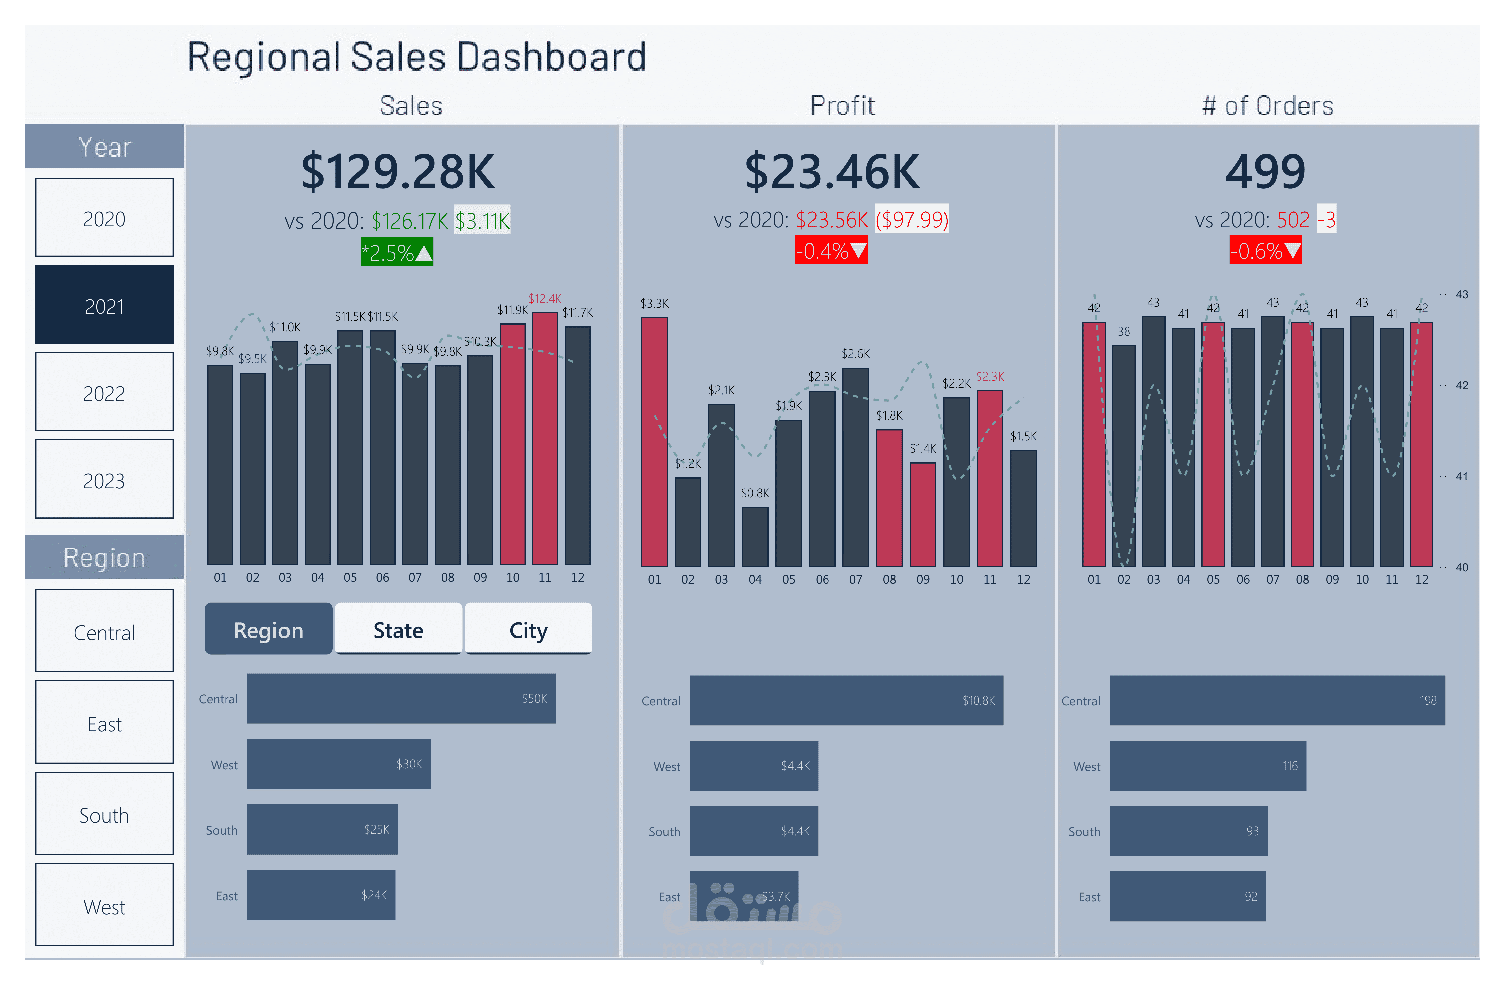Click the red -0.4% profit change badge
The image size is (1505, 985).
pyautogui.click(x=831, y=250)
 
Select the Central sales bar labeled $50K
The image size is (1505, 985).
pyautogui.click(x=401, y=698)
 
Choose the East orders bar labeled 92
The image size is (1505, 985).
pyautogui.click(x=1188, y=896)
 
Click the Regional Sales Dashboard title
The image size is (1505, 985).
pyautogui.click(x=416, y=57)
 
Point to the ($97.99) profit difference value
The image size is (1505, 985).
pyautogui.click(x=911, y=219)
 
